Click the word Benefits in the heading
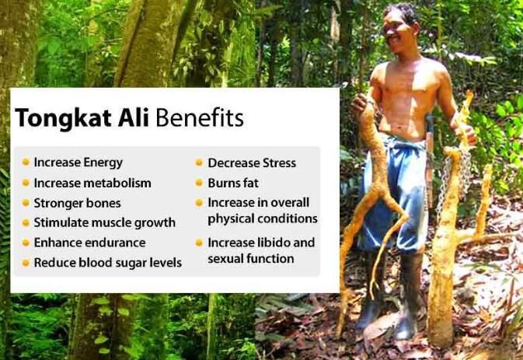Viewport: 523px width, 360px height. pyautogui.click(x=200, y=119)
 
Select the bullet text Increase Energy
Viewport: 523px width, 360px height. pyautogui.click(x=78, y=163)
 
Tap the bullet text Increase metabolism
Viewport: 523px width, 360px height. pyautogui.click(x=92, y=183)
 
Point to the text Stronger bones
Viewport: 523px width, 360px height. pyautogui.click(x=77, y=203)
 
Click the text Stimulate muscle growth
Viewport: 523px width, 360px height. pyautogui.click(x=104, y=222)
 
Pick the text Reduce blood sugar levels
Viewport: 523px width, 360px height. pyautogui.click(x=107, y=263)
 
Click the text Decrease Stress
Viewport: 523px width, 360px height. pyautogui.click(x=251, y=163)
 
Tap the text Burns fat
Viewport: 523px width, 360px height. pyautogui.click(x=232, y=183)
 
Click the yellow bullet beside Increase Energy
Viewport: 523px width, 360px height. pyautogui.click(x=26, y=163)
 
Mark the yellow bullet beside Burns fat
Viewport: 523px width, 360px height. pyautogui.click(x=199, y=183)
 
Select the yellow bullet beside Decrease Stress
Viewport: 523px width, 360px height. pyautogui.click(x=199, y=163)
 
